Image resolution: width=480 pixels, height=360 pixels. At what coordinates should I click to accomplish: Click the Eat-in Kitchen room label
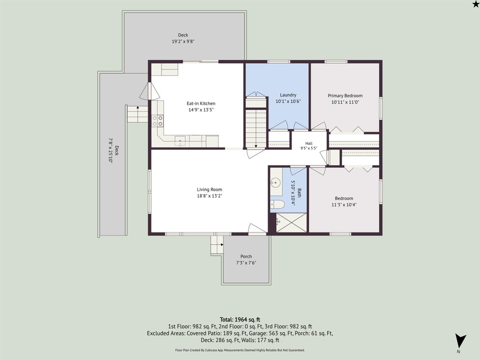click(201, 104)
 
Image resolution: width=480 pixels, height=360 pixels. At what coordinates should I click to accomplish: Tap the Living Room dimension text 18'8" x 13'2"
click(210, 196)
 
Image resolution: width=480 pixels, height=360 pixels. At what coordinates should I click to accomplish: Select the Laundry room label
click(288, 95)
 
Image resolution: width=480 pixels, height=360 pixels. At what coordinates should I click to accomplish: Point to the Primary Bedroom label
click(345, 96)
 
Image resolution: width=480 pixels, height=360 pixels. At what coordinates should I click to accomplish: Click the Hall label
click(309, 143)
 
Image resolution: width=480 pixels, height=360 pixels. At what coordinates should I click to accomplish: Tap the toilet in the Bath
click(277, 204)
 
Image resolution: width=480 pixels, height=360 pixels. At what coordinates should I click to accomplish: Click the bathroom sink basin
click(276, 183)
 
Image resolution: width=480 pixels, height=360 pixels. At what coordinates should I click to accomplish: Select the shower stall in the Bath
click(291, 222)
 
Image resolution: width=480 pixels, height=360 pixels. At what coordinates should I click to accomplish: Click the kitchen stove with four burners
click(157, 121)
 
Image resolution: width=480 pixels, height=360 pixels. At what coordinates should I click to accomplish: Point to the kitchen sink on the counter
click(180, 141)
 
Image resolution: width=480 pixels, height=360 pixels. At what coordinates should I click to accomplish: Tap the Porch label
click(246, 256)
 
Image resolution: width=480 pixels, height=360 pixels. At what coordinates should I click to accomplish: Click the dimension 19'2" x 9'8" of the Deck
click(183, 41)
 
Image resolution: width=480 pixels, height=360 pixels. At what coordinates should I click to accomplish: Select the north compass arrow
click(460, 340)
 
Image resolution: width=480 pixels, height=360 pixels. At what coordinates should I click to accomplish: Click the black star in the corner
click(475, 3)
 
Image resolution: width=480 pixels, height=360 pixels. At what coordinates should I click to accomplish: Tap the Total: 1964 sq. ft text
click(240, 320)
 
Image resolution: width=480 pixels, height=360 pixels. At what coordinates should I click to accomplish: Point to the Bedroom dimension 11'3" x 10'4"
click(344, 205)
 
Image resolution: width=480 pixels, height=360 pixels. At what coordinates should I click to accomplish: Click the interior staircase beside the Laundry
click(256, 122)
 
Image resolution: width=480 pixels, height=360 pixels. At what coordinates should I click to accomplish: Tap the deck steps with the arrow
click(137, 114)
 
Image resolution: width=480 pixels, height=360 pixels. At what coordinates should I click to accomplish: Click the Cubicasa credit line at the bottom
click(240, 350)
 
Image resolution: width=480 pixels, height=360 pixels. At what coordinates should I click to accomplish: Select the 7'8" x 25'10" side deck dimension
click(111, 150)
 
